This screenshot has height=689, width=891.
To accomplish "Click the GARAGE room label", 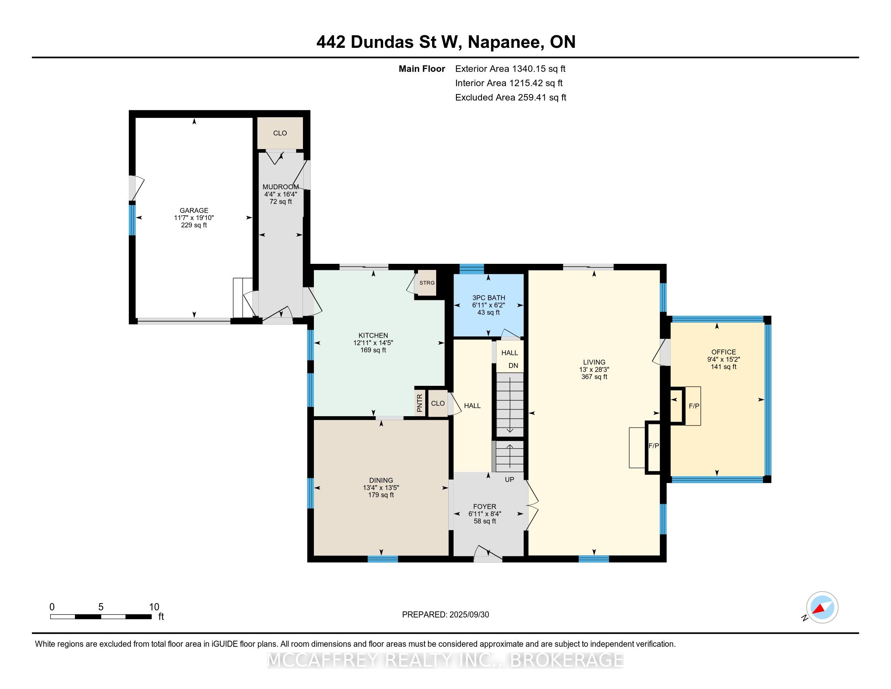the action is [x=194, y=211].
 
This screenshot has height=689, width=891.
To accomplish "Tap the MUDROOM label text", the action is [x=281, y=187].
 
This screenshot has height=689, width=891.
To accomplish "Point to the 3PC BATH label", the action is [x=489, y=298].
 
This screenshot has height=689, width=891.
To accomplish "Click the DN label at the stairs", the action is [x=513, y=366].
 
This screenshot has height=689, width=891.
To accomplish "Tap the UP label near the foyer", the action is [x=509, y=479].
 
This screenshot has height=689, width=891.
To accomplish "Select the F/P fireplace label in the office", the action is [x=694, y=406].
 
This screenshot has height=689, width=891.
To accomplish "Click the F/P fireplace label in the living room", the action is [x=654, y=446].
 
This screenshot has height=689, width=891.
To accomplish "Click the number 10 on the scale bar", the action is [x=154, y=607].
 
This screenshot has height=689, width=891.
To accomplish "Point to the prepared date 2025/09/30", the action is [x=469, y=615].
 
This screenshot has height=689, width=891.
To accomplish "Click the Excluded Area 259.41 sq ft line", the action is [x=511, y=98].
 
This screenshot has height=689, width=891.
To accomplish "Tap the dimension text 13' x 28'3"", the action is [x=594, y=369].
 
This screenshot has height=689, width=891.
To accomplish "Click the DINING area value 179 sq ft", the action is [x=381, y=495].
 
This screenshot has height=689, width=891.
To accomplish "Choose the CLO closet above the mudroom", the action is [x=280, y=133].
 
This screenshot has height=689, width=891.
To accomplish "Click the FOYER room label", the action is [x=485, y=507].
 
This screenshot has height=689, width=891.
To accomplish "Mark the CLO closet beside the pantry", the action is [x=438, y=403].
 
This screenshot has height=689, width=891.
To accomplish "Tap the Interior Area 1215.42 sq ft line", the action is [x=509, y=83].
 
